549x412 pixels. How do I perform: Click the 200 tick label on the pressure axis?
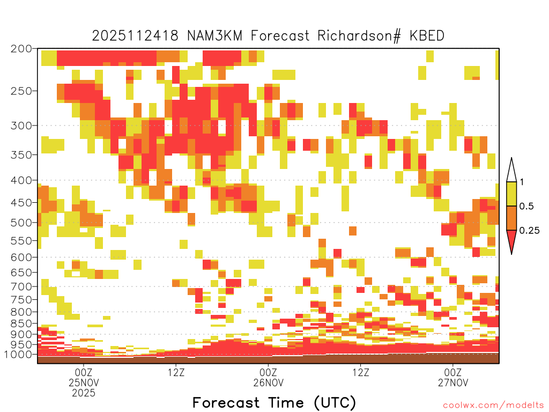tap(21, 49)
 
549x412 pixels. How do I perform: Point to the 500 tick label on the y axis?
tap(21, 223)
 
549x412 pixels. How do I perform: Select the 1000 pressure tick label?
tap(19, 354)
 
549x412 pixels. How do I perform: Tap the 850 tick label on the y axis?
tap(21, 323)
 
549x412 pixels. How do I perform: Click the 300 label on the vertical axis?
tap(21, 126)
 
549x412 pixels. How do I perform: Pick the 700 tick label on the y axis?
tap(21, 286)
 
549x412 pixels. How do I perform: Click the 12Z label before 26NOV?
tap(176, 372)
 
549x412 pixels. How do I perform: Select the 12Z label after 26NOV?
tap(361, 372)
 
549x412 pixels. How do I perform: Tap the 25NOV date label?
tap(84, 382)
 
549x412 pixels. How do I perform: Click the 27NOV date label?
tap(453, 382)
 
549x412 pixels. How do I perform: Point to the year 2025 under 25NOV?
tap(84, 393)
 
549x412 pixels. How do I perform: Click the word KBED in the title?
tap(427, 36)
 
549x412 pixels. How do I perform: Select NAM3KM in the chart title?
tap(215, 36)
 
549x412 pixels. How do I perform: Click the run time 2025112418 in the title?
tap(135, 36)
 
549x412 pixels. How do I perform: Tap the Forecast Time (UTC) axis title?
tap(274, 403)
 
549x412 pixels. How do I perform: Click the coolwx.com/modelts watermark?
tap(494, 406)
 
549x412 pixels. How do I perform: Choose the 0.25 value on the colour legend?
tap(529, 231)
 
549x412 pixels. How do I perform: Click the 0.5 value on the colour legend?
tap(526, 207)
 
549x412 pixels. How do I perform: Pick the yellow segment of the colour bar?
tap(511, 194)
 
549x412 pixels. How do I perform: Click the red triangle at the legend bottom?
tap(511, 240)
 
